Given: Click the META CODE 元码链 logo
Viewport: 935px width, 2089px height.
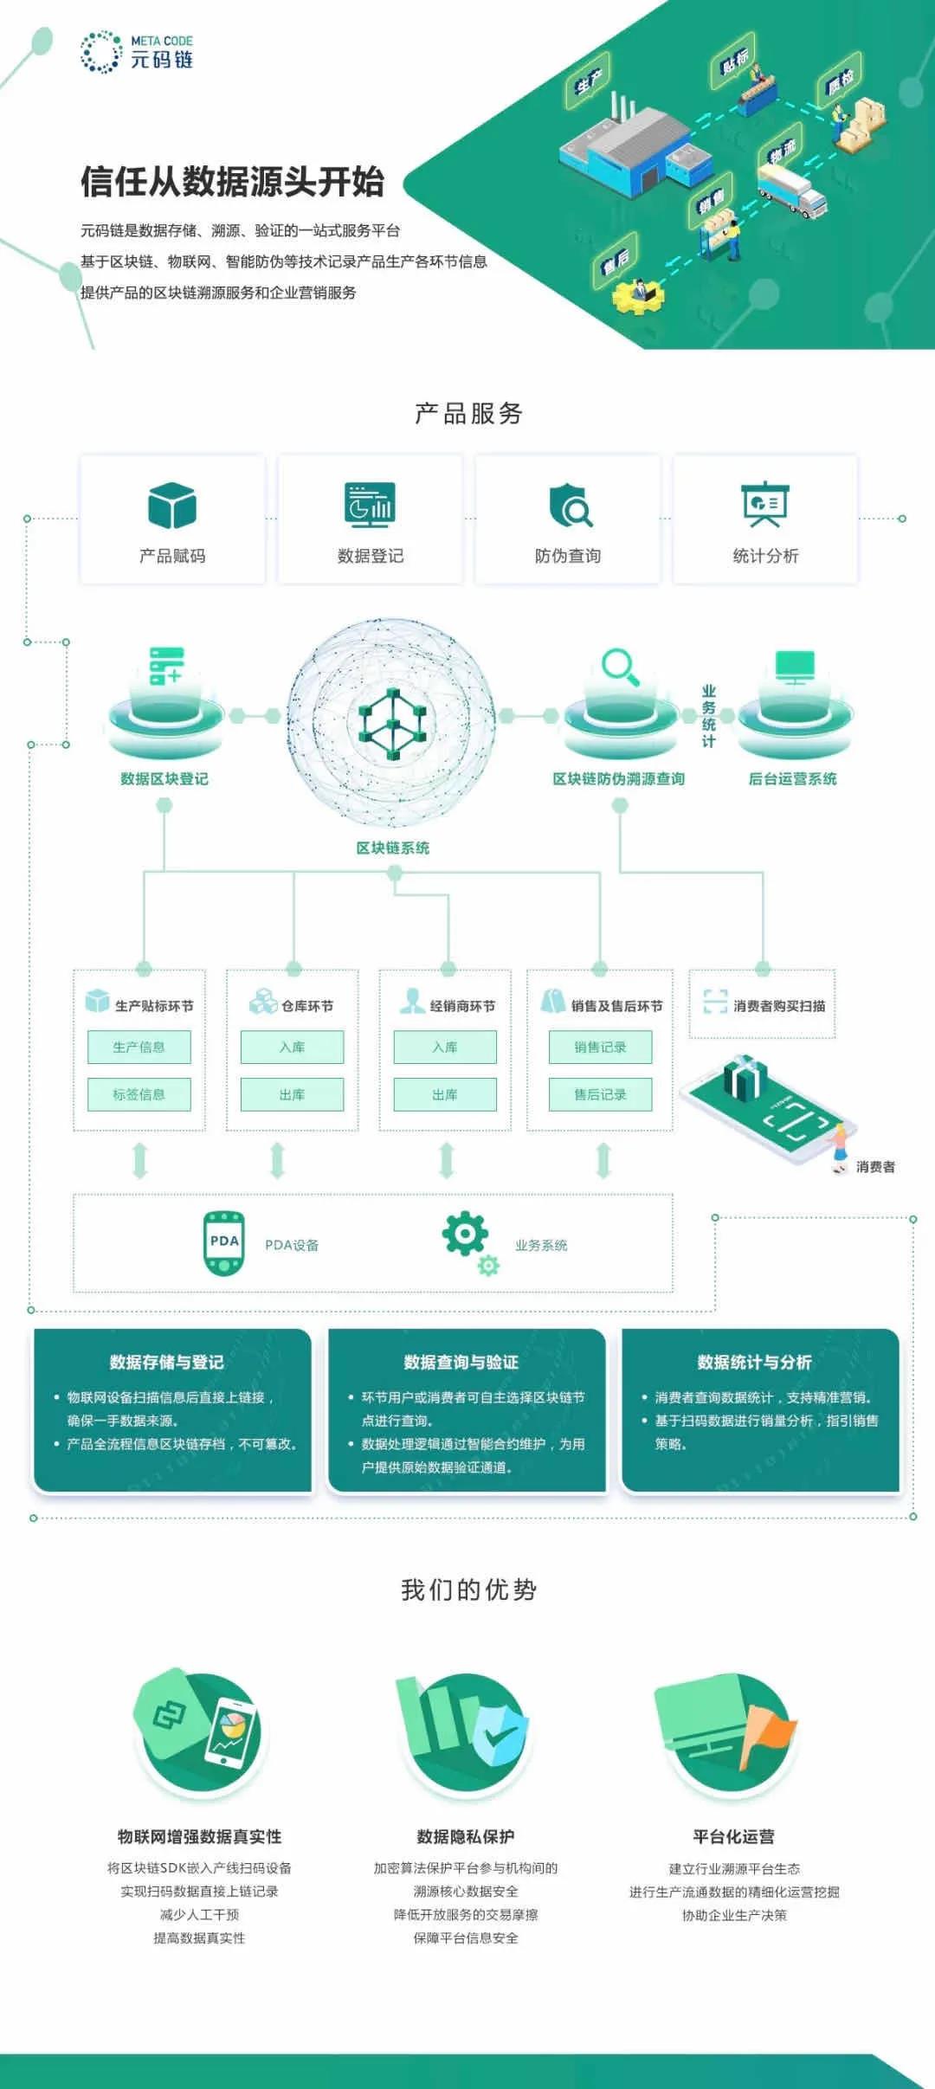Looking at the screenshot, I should click(x=136, y=52).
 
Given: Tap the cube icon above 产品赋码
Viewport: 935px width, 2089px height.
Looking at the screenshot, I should click(x=171, y=506).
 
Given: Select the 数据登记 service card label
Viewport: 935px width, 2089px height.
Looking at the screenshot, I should click(x=370, y=556).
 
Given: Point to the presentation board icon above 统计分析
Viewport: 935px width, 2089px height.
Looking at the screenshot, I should click(x=764, y=504).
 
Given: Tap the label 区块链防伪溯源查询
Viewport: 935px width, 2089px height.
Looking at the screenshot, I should click(x=618, y=779).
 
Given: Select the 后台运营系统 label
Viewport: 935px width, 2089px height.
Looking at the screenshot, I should click(x=792, y=779).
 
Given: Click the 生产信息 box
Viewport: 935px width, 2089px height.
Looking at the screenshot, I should click(x=139, y=1047).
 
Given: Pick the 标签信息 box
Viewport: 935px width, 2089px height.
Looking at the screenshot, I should click(x=139, y=1094).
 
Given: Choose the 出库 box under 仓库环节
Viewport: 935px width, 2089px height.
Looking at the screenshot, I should click(x=292, y=1094).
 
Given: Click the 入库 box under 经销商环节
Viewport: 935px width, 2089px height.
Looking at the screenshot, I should click(x=445, y=1047).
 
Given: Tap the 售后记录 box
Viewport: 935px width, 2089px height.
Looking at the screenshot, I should click(x=600, y=1094).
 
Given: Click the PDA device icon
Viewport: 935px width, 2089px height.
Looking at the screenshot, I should click(x=223, y=1243).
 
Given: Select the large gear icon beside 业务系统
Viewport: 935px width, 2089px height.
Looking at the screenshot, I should click(x=464, y=1234).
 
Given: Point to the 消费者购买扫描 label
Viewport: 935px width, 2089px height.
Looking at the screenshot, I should click(x=778, y=1006).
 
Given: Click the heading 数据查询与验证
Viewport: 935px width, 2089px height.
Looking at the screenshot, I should click(x=461, y=1363).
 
